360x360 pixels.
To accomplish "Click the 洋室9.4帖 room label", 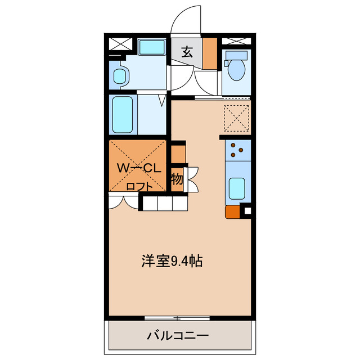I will (x=172, y=261).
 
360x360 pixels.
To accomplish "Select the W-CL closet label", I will (x=139, y=167).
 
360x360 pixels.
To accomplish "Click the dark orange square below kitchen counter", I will (x=232, y=212).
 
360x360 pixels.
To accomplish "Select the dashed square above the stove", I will (x=236, y=118).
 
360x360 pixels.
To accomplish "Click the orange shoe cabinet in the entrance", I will (x=210, y=53).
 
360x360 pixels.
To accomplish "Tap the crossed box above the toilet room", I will (x=236, y=42).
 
